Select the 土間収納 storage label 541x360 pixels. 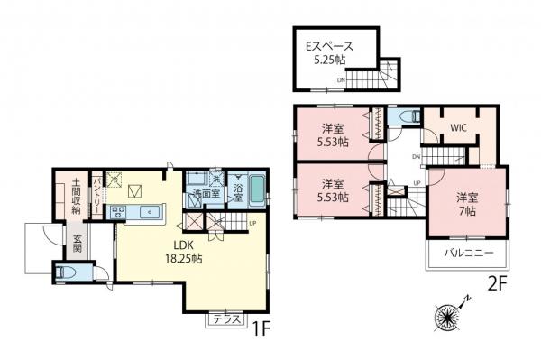tap(78, 197)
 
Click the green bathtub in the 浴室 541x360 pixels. tap(257, 191)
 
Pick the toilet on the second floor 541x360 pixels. tap(408, 116)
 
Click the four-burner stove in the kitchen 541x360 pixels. tap(117, 212)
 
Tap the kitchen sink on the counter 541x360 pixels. tap(147, 212)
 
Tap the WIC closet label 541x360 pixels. tap(458, 129)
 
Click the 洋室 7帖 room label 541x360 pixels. tap(466, 203)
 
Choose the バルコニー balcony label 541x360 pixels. tap(466, 254)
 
